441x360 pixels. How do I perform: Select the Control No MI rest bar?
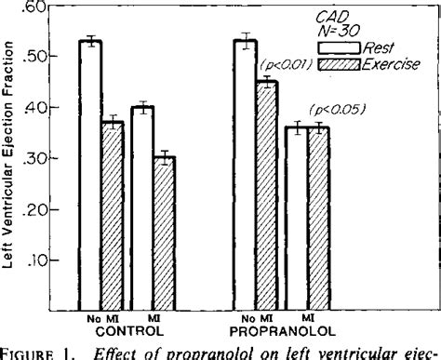[91, 177]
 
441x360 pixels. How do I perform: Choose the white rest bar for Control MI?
[141, 209]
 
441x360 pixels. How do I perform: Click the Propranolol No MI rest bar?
[247, 177]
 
